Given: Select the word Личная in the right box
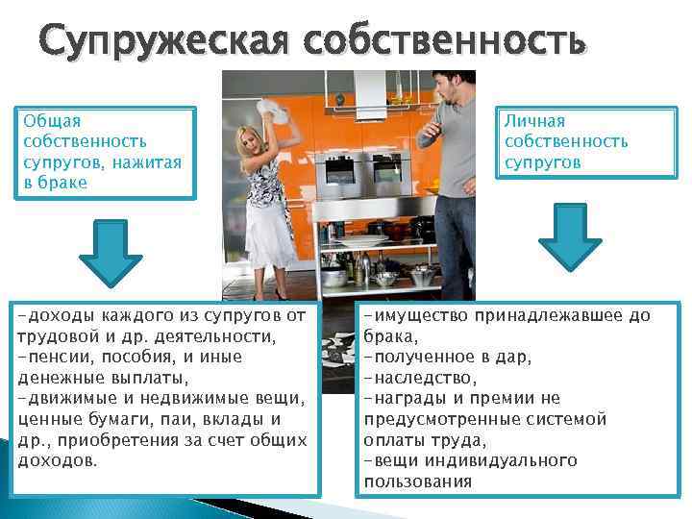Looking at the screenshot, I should pos(535,121).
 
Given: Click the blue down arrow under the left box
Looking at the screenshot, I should pos(110,248).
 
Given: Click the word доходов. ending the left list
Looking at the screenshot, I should pos(58,460).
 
